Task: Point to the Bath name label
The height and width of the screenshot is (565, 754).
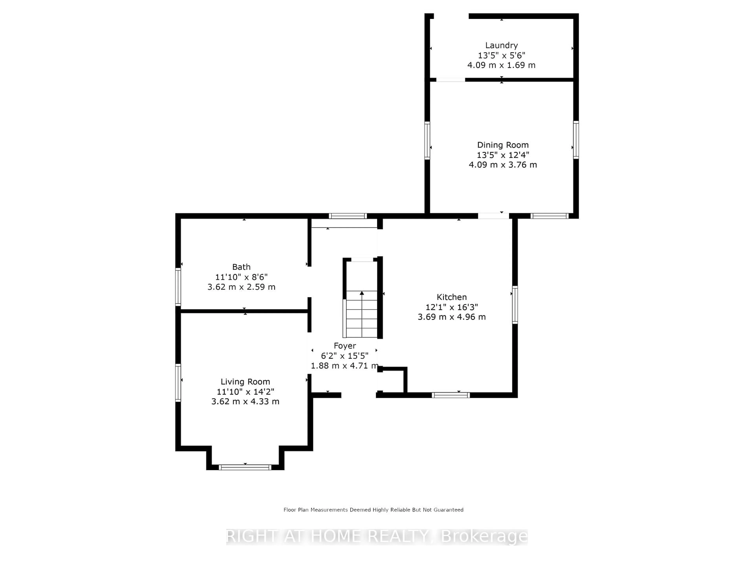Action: (241, 267)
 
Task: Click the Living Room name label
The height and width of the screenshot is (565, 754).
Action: (245, 382)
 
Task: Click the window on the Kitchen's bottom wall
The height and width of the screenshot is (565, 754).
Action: (451, 395)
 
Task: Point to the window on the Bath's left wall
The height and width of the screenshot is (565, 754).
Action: (178, 286)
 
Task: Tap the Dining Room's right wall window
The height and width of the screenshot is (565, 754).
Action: (576, 140)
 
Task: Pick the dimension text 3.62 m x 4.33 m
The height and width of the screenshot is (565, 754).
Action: (245, 402)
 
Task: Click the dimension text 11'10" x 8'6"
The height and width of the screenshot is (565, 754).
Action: (241, 277)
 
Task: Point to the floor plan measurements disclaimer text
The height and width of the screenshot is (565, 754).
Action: (373, 510)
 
